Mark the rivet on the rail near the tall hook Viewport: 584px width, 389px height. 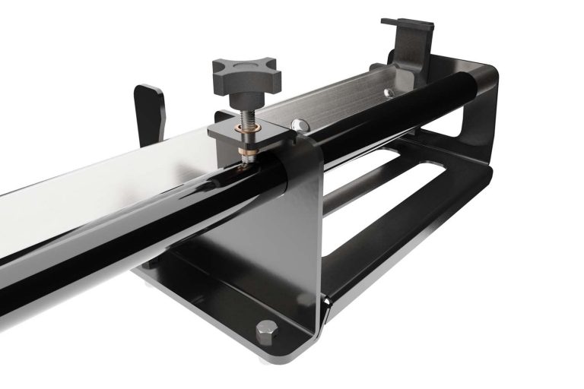[x=389, y=93]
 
